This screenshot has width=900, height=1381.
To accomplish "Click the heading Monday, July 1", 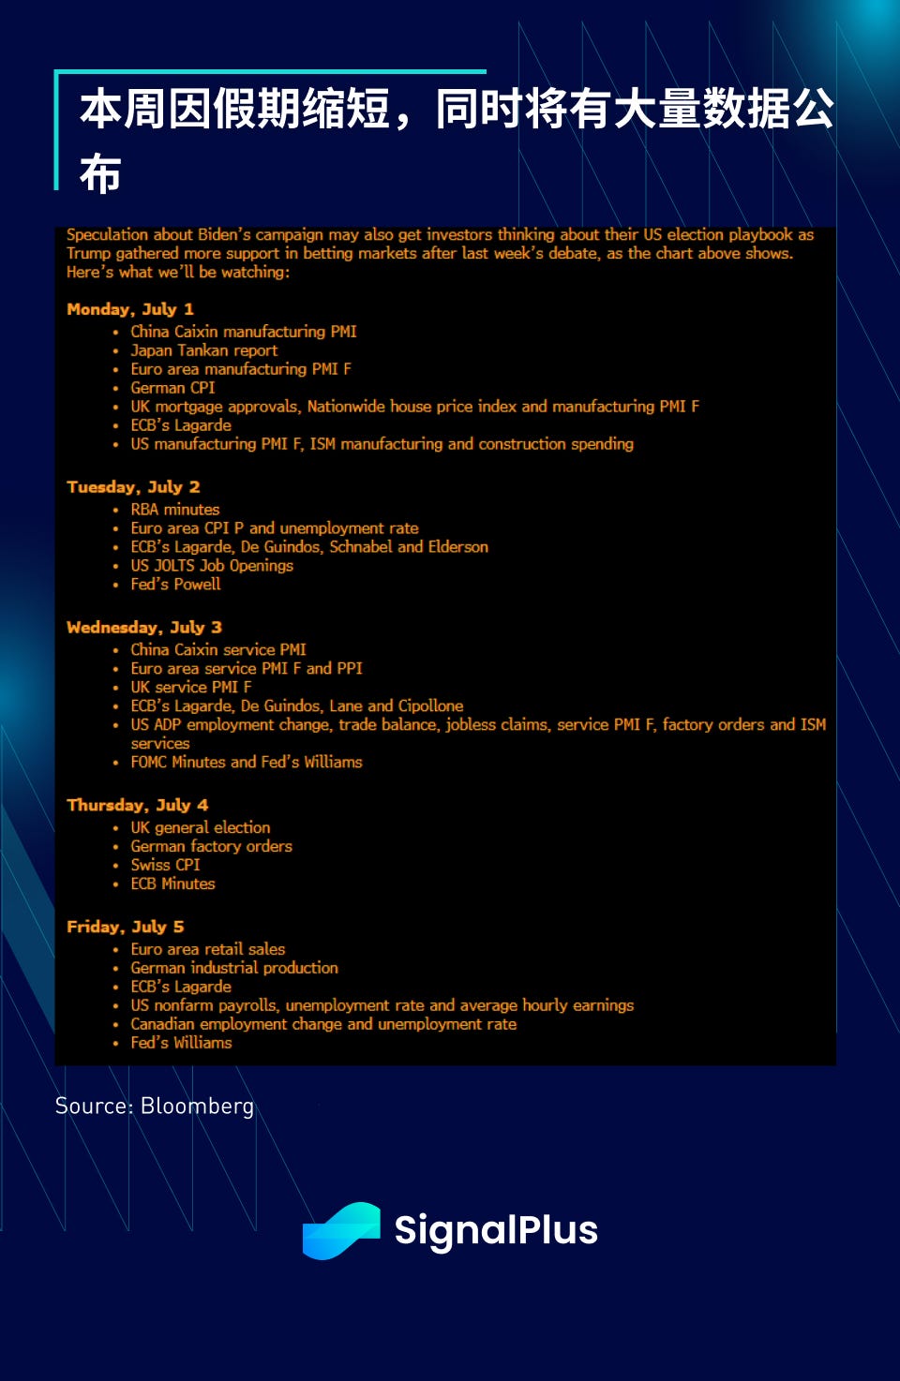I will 130,309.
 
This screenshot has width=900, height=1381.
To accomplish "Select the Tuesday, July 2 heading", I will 133,487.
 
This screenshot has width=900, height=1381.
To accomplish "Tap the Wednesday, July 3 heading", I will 144,628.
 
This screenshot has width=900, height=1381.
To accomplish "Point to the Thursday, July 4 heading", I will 138,806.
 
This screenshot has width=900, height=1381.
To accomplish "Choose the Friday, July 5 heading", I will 126,927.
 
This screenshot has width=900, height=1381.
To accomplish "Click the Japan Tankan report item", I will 203,350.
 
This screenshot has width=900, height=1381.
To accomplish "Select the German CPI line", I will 172,388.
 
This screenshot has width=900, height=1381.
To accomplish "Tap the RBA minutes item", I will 174,510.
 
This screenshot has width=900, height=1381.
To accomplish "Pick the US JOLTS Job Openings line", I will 212,566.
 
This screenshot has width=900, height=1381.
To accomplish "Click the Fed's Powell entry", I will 175,585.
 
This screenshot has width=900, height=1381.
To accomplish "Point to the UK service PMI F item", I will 191,688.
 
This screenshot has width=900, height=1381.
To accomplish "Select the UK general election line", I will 200,828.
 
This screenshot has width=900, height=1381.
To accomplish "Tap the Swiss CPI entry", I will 165,866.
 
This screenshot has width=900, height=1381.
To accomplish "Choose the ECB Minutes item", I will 172,884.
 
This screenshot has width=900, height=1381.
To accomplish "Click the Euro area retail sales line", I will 207,949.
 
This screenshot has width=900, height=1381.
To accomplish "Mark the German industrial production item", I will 234,968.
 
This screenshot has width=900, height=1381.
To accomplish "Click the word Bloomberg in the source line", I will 197,1106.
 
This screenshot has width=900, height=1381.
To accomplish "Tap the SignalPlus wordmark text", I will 495,1230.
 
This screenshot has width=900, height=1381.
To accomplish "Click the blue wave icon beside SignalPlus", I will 341,1230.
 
